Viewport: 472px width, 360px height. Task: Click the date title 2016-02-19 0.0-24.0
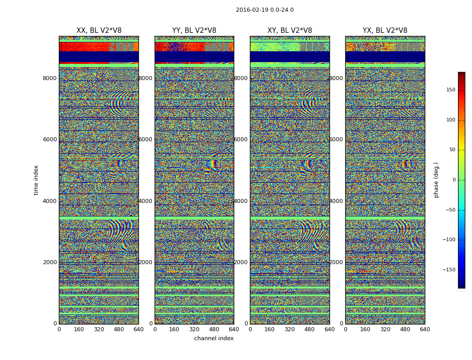(x=264, y=10)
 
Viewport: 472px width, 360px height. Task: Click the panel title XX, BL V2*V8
(x=99, y=31)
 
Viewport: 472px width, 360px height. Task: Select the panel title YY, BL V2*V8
(x=194, y=31)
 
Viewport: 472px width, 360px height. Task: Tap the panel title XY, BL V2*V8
(x=289, y=31)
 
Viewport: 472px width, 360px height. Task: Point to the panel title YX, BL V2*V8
(x=385, y=31)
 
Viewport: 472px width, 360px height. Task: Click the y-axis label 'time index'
(x=36, y=180)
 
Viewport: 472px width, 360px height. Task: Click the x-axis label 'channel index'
(x=214, y=338)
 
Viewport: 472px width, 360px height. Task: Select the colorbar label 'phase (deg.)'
(x=436, y=180)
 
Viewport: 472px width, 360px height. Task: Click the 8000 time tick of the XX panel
(x=50, y=78)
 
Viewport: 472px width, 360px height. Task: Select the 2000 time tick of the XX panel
(x=50, y=262)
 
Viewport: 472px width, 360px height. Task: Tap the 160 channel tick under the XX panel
(x=79, y=329)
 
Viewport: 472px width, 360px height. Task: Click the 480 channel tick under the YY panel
(x=214, y=329)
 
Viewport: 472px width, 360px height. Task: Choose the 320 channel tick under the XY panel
(x=289, y=329)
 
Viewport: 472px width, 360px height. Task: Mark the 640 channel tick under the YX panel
(x=425, y=329)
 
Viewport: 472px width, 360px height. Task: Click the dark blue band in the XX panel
(x=99, y=56)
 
